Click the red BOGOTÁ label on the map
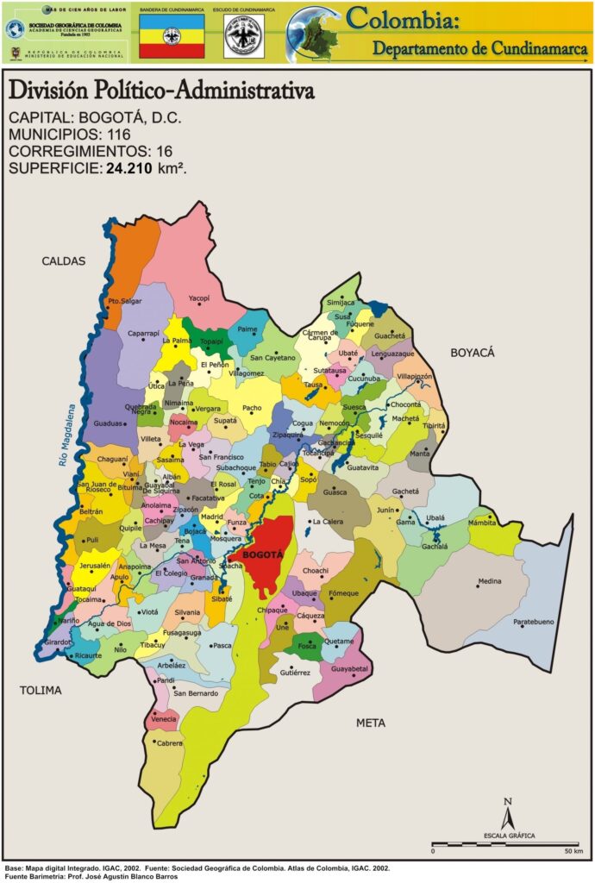tap(262, 555)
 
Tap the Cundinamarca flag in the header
tap(172, 36)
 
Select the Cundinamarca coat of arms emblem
tap(244, 36)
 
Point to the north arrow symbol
tap(509, 814)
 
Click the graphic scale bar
tap(505, 843)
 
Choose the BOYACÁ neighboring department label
tap(472, 353)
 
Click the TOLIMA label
tap(41, 690)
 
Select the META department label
tap(371, 723)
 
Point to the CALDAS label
tap(64, 260)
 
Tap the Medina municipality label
tap(489, 581)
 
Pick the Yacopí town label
tap(199, 297)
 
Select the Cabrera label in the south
tap(169, 742)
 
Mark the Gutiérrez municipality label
tap(294, 672)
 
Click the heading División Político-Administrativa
tap(160, 91)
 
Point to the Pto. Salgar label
tap(124, 301)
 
